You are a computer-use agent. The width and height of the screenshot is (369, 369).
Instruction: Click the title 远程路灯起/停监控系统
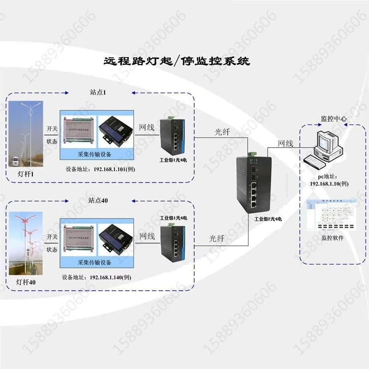tap(176, 61)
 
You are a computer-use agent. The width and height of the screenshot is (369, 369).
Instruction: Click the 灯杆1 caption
tap(25, 174)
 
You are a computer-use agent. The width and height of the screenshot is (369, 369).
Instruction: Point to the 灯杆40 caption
tap(26, 282)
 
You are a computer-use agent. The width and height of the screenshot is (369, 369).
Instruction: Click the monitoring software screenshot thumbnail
tap(331, 216)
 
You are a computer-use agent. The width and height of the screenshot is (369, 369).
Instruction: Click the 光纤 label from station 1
tap(222, 132)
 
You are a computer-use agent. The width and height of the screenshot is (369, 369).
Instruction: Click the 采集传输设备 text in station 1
tap(97, 154)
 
